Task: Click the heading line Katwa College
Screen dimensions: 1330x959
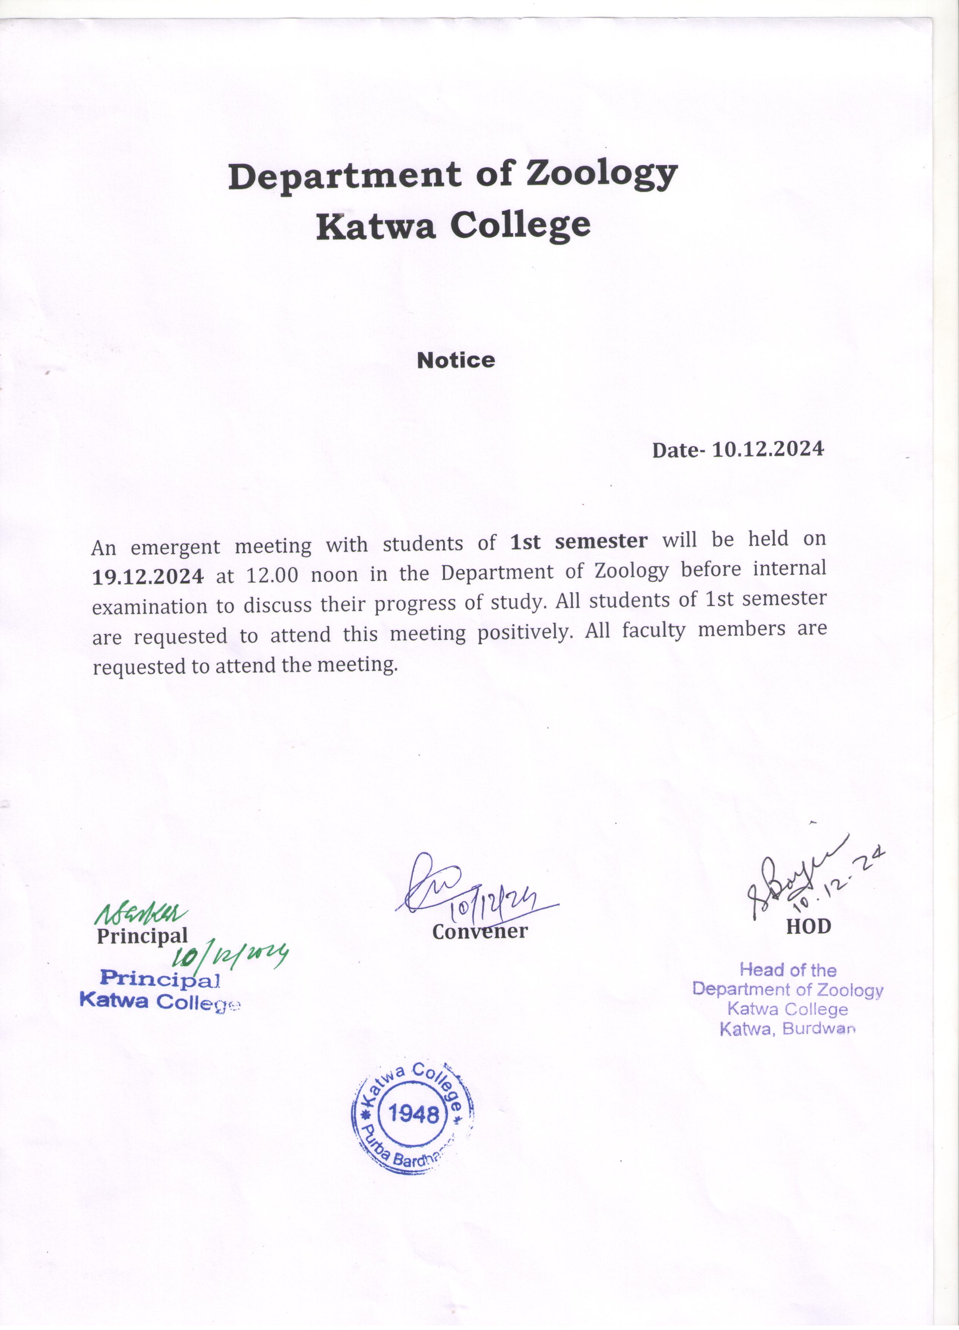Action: click(x=453, y=226)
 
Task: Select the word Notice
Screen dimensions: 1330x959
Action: click(x=456, y=360)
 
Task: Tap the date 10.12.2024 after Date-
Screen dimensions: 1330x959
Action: click(x=768, y=450)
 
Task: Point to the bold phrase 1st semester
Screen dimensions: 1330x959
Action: click(x=579, y=541)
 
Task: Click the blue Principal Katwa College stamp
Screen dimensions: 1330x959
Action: click(x=160, y=990)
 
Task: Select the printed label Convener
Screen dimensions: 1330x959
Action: click(x=480, y=931)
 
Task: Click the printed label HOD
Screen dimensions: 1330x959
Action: click(x=808, y=926)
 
